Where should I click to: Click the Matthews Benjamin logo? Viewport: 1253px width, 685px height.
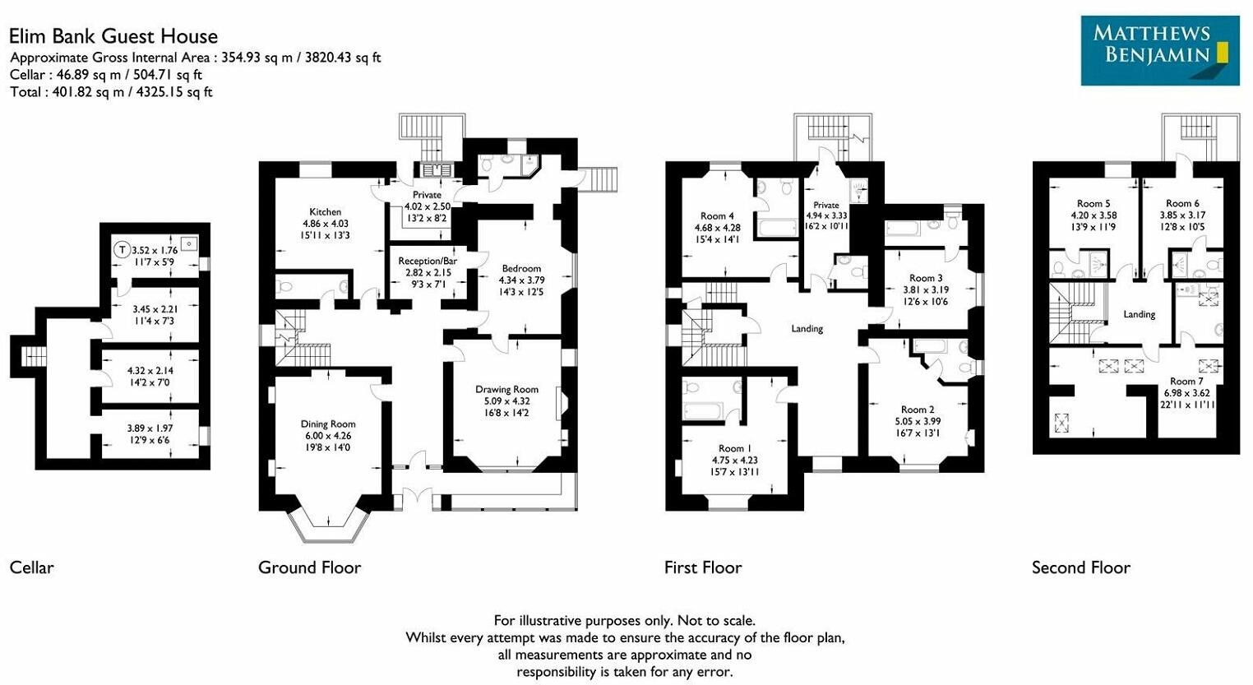point(1159,50)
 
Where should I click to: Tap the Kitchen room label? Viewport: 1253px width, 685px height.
point(326,211)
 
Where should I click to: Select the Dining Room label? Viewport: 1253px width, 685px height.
point(327,424)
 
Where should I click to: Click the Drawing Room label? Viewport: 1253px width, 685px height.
point(506,389)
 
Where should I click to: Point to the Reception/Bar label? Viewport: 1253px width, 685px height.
point(428,261)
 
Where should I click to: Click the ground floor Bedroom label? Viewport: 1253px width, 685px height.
point(521,268)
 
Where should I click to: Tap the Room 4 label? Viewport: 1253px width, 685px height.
point(718,216)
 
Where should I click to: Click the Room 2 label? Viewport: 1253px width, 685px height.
point(918,410)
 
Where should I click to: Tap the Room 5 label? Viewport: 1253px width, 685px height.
point(1093,203)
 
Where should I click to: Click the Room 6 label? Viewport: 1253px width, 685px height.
point(1182,203)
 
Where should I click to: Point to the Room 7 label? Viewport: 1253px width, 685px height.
point(1186,381)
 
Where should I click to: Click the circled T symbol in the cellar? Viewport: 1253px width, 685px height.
point(122,249)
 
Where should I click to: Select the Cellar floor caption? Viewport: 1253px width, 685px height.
point(31,567)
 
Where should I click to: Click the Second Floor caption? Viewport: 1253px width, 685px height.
point(1080,567)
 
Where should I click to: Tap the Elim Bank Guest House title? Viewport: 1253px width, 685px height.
point(113,36)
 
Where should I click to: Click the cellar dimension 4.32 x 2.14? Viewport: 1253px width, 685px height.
point(150,371)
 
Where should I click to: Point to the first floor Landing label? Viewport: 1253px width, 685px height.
point(807,328)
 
